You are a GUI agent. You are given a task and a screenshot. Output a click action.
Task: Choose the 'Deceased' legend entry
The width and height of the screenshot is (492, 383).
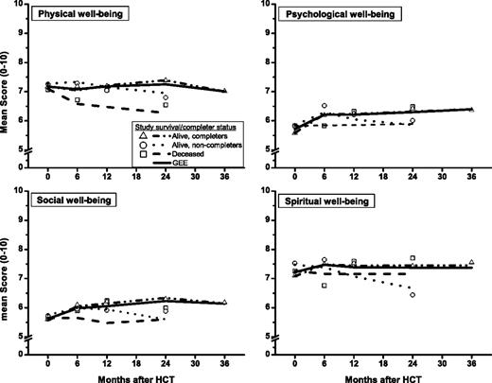pos(184,152)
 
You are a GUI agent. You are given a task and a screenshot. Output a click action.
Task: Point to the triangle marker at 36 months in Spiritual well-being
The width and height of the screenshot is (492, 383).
pos(471,262)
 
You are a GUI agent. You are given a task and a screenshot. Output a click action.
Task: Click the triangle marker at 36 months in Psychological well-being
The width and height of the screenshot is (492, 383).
pos(471,109)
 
